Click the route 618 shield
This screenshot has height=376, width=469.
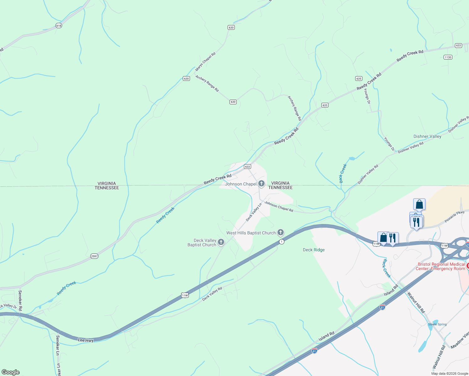click(59, 26)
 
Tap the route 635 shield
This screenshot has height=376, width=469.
click(359, 79)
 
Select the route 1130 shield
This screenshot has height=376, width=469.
click(448, 57)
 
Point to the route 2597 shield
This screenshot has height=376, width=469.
click(94, 256)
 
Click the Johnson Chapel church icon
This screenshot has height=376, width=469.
click(261, 184)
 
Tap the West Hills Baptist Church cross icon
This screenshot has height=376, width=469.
click(281, 232)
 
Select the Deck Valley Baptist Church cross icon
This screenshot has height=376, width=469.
click(221, 242)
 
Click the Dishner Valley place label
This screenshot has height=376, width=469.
click(427, 136)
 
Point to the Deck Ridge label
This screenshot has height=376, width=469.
click(314, 250)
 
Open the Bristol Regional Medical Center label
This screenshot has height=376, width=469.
click(441, 266)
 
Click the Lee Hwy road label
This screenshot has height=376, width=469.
click(86, 340)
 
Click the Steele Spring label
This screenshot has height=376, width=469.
click(437, 324)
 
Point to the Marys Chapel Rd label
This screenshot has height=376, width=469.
click(205, 62)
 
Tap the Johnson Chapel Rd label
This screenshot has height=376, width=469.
click(278, 206)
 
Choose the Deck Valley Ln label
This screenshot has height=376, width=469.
click(254, 212)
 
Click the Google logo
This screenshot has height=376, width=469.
click(10, 372)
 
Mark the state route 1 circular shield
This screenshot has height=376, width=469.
click(282, 242)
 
